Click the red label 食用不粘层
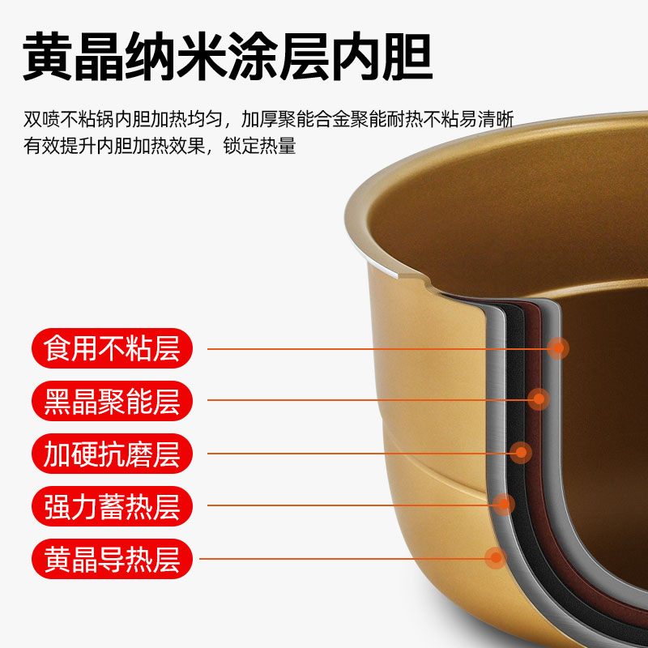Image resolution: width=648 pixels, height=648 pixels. (x=112, y=348)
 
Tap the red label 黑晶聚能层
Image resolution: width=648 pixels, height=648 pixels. (x=112, y=401)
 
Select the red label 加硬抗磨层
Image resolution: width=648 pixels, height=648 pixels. (x=112, y=454)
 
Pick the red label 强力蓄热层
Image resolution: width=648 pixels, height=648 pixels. (x=112, y=505)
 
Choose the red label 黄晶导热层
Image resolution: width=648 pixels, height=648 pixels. (x=112, y=559)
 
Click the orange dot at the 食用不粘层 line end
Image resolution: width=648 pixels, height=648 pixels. (x=558, y=348)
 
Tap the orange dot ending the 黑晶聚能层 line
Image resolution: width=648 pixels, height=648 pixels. (x=539, y=399)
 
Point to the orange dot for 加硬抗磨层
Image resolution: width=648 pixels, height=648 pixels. (x=521, y=453)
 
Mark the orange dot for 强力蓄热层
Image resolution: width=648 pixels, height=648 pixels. (x=504, y=504)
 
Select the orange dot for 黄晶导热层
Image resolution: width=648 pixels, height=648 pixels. (x=496, y=557)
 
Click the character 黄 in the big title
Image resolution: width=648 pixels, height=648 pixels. (x=48, y=56)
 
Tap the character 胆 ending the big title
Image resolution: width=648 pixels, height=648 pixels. (x=407, y=56)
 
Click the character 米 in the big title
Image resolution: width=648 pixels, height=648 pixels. (x=202, y=56)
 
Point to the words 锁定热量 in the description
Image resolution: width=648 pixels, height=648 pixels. (x=259, y=146)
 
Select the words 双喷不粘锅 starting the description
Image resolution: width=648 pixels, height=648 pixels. (x=69, y=119)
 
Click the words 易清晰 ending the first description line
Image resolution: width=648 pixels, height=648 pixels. (x=487, y=119)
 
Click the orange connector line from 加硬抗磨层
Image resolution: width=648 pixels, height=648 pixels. (x=359, y=454)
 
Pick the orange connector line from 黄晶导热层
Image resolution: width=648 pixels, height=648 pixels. (x=342, y=559)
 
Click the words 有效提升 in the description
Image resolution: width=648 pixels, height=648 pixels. (x=59, y=146)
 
